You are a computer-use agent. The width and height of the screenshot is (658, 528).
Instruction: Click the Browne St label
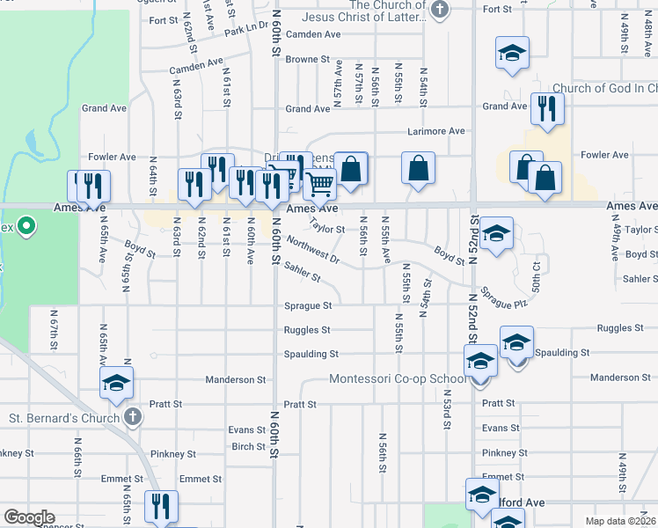[x=306, y=60]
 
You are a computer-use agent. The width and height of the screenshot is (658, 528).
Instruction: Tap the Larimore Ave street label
[x=435, y=131]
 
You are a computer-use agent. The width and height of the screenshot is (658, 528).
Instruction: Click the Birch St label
[x=249, y=446]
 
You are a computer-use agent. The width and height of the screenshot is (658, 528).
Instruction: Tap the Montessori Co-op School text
[x=398, y=379]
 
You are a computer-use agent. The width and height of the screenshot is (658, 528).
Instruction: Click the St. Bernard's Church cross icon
[x=132, y=417]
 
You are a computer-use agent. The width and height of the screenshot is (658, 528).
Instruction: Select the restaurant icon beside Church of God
[x=547, y=109]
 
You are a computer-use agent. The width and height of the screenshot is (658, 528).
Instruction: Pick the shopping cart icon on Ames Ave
[x=319, y=183]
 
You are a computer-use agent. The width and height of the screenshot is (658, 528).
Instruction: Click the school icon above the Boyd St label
[x=496, y=233]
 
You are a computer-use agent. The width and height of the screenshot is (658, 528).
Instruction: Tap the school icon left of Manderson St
[x=116, y=383]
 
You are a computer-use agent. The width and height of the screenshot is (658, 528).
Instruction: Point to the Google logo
[x=29, y=517]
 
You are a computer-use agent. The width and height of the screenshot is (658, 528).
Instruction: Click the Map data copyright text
[x=620, y=521]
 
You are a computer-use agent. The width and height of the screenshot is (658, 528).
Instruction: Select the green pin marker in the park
[x=26, y=227]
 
